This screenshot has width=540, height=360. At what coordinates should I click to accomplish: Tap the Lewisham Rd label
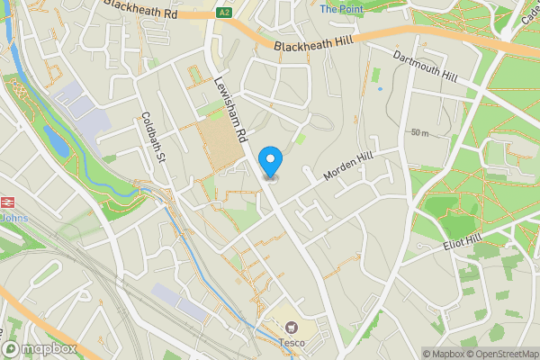point(230,109)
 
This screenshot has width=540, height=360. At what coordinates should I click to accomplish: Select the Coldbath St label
point(155,138)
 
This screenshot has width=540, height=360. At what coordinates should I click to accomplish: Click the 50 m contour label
point(419,132)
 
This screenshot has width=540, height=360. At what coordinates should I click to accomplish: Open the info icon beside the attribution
point(415,354)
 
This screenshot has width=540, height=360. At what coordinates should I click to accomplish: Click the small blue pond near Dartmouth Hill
point(380,88)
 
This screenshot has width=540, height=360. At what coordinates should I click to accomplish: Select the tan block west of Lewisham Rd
point(221,142)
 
